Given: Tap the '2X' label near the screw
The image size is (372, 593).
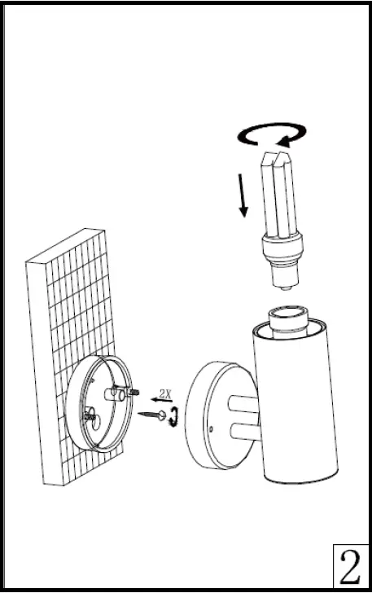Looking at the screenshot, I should point(165,393).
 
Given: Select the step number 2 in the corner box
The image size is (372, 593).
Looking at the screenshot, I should point(351,569).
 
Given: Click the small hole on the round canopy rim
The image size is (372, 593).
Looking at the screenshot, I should point(211,426).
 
